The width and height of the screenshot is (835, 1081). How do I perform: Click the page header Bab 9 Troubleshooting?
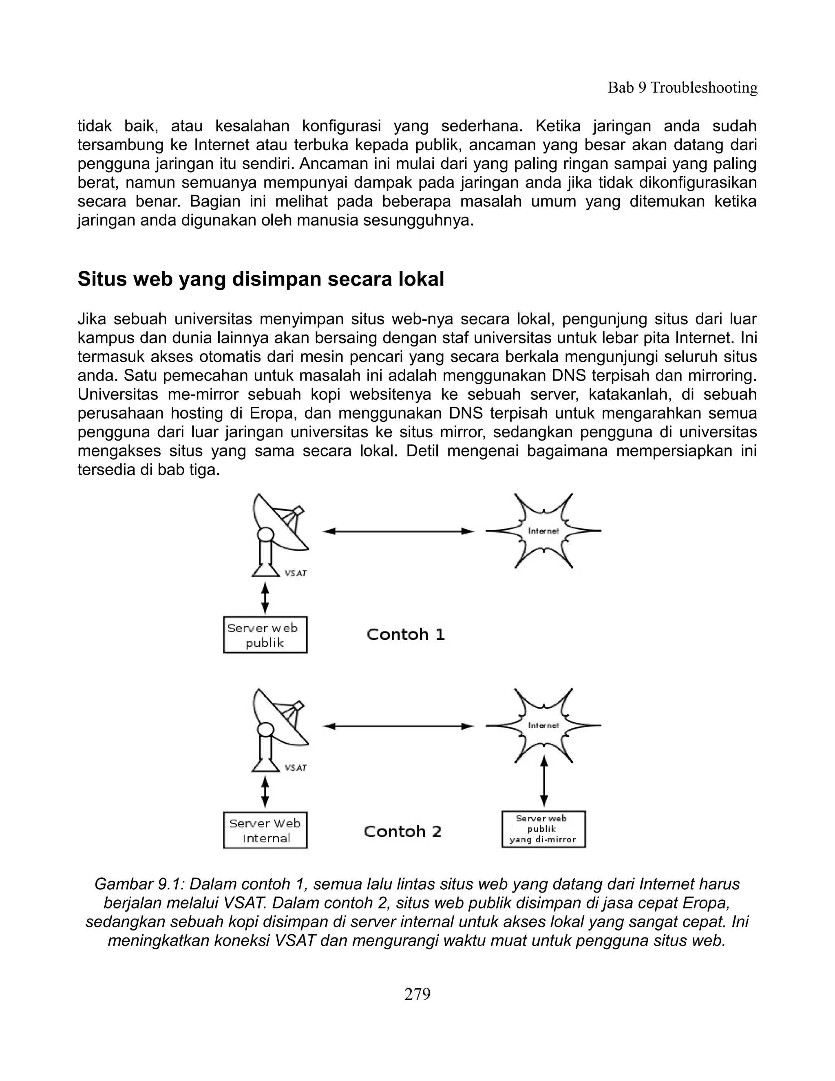click(682, 88)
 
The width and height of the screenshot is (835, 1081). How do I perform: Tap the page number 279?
click(417, 993)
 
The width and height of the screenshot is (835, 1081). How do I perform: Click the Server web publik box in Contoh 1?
click(265, 635)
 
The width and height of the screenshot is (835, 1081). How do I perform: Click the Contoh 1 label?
click(406, 635)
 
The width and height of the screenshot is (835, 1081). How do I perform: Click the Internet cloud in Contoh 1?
click(543, 531)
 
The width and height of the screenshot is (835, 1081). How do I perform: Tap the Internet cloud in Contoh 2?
click(543, 725)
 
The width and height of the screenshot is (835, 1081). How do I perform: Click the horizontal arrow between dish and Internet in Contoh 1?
click(398, 531)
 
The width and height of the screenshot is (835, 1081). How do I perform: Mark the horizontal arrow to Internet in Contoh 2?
click(398, 726)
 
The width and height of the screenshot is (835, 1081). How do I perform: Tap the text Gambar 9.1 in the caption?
click(137, 884)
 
